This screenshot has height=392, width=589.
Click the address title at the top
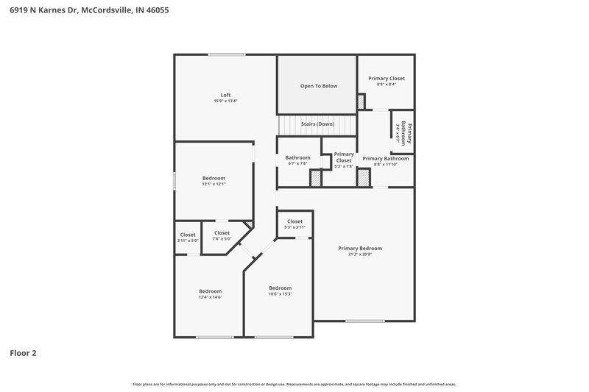tap(85, 11)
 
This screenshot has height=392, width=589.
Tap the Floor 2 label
tap(23, 353)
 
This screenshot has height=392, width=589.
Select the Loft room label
tap(226, 95)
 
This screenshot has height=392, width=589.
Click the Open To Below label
tap(318, 86)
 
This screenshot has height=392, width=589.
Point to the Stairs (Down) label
tap(318, 124)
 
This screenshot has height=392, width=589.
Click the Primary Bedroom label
tap(360, 249)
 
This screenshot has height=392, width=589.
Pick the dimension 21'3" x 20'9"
tap(360, 255)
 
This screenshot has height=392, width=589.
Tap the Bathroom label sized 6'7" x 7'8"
tap(297, 157)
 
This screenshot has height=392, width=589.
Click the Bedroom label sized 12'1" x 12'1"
tap(214, 178)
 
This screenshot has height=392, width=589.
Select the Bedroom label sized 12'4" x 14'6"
tap(210, 291)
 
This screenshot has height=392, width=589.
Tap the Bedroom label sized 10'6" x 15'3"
tap(280, 288)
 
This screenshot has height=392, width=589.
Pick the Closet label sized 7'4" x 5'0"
tap(222, 233)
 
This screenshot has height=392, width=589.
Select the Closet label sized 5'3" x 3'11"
tap(294, 221)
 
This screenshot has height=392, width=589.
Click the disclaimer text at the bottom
tap(294, 384)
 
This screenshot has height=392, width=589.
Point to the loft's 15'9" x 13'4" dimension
tap(226, 101)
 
